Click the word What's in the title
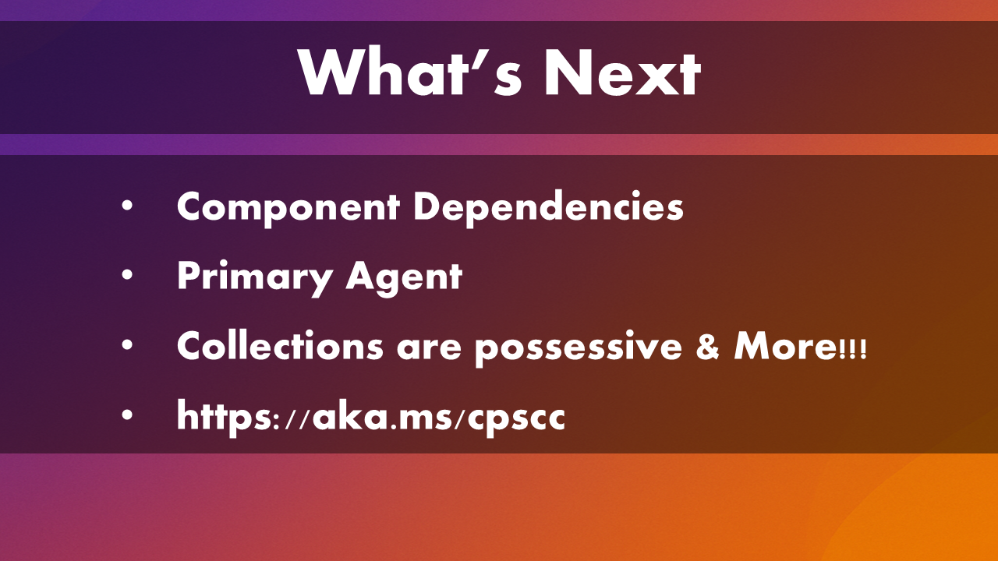tap(410, 71)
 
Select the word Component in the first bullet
tap(288, 208)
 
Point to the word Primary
tap(254, 277)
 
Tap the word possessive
tap(578, 348)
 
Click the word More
tap(785, 346)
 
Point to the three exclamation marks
tap(853, 350)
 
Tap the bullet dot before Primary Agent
tap(127, 275)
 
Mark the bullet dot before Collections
tap(127, 345)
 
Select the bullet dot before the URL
tap(127, 415)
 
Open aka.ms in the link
tap(382, 415)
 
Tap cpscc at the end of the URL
tap(516, 419)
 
